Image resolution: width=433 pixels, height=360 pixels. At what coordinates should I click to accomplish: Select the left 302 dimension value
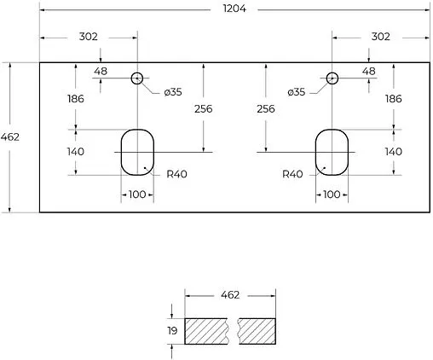(x=89, y=37)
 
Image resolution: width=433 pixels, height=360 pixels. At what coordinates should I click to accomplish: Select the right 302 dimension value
(x=380, y=37)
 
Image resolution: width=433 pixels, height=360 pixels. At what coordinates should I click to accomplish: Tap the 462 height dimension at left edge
(x=11, y=137)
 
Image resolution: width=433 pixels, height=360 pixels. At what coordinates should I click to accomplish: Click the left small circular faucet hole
(x=136, y=78)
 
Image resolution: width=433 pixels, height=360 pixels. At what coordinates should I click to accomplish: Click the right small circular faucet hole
(x=332, y=78)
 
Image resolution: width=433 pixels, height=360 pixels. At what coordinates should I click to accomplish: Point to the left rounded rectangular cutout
(x=136, y=151)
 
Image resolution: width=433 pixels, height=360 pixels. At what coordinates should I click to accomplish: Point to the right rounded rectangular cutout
(x=332, y=151)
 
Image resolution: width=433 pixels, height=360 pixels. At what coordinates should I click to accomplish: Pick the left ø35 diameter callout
(x=173, y=91)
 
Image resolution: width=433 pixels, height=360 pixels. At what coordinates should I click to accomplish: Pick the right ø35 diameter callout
(x=296, y=91)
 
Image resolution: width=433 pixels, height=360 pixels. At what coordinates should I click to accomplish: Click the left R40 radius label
(x=177, y=174)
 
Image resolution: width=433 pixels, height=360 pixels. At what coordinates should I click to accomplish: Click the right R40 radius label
(x=292, y=174)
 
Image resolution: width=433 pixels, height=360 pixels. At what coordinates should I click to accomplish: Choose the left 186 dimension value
(x=75, y=99)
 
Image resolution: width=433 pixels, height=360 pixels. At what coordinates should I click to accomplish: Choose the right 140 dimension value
(x=393, y=151)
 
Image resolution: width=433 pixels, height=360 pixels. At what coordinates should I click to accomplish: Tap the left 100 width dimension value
(x=136, y=195)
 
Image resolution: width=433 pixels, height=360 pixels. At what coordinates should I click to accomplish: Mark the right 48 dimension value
(x=368, y=71)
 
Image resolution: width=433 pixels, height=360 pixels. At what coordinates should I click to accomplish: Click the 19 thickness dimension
(x=173, y=330)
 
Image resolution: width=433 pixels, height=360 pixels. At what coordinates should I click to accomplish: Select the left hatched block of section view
(x=207, y=330)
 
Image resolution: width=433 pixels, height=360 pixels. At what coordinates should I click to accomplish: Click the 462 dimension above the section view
(x=230, y=295)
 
